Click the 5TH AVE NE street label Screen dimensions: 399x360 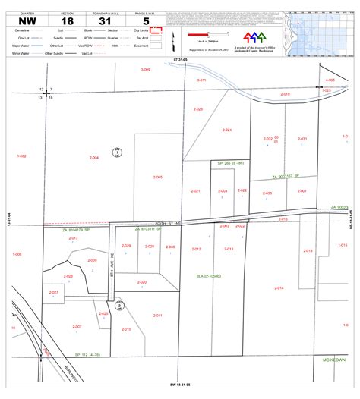112,269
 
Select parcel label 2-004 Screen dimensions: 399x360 94,158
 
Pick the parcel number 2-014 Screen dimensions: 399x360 279,288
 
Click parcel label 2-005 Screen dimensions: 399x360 157,177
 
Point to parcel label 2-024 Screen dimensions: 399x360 226,130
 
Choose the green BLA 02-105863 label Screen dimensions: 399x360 208,276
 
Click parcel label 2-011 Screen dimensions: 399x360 157,315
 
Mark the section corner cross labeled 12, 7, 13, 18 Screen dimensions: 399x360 46,93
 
